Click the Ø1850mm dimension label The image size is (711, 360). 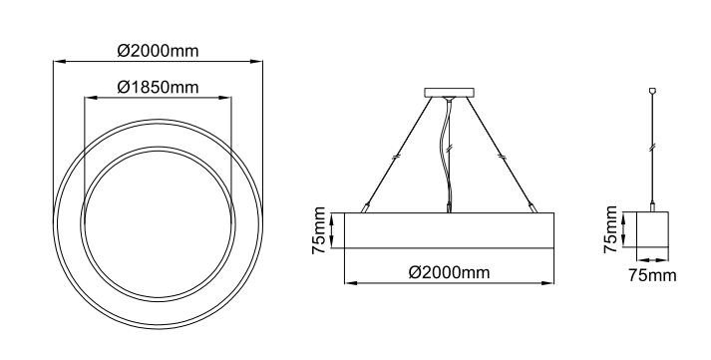point(158,87)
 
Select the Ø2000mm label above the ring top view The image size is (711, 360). point(158,51)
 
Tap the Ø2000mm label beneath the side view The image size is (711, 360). point(450,272)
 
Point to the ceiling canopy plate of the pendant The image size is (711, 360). point(450,93)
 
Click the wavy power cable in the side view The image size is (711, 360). point(449,155)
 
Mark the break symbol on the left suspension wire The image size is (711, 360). point(396,157)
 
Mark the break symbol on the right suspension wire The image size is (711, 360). point(502,157)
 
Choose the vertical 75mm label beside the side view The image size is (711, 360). point(319,230)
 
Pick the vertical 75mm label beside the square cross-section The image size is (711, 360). point(610,229)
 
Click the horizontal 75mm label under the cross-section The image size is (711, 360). point(652,275)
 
